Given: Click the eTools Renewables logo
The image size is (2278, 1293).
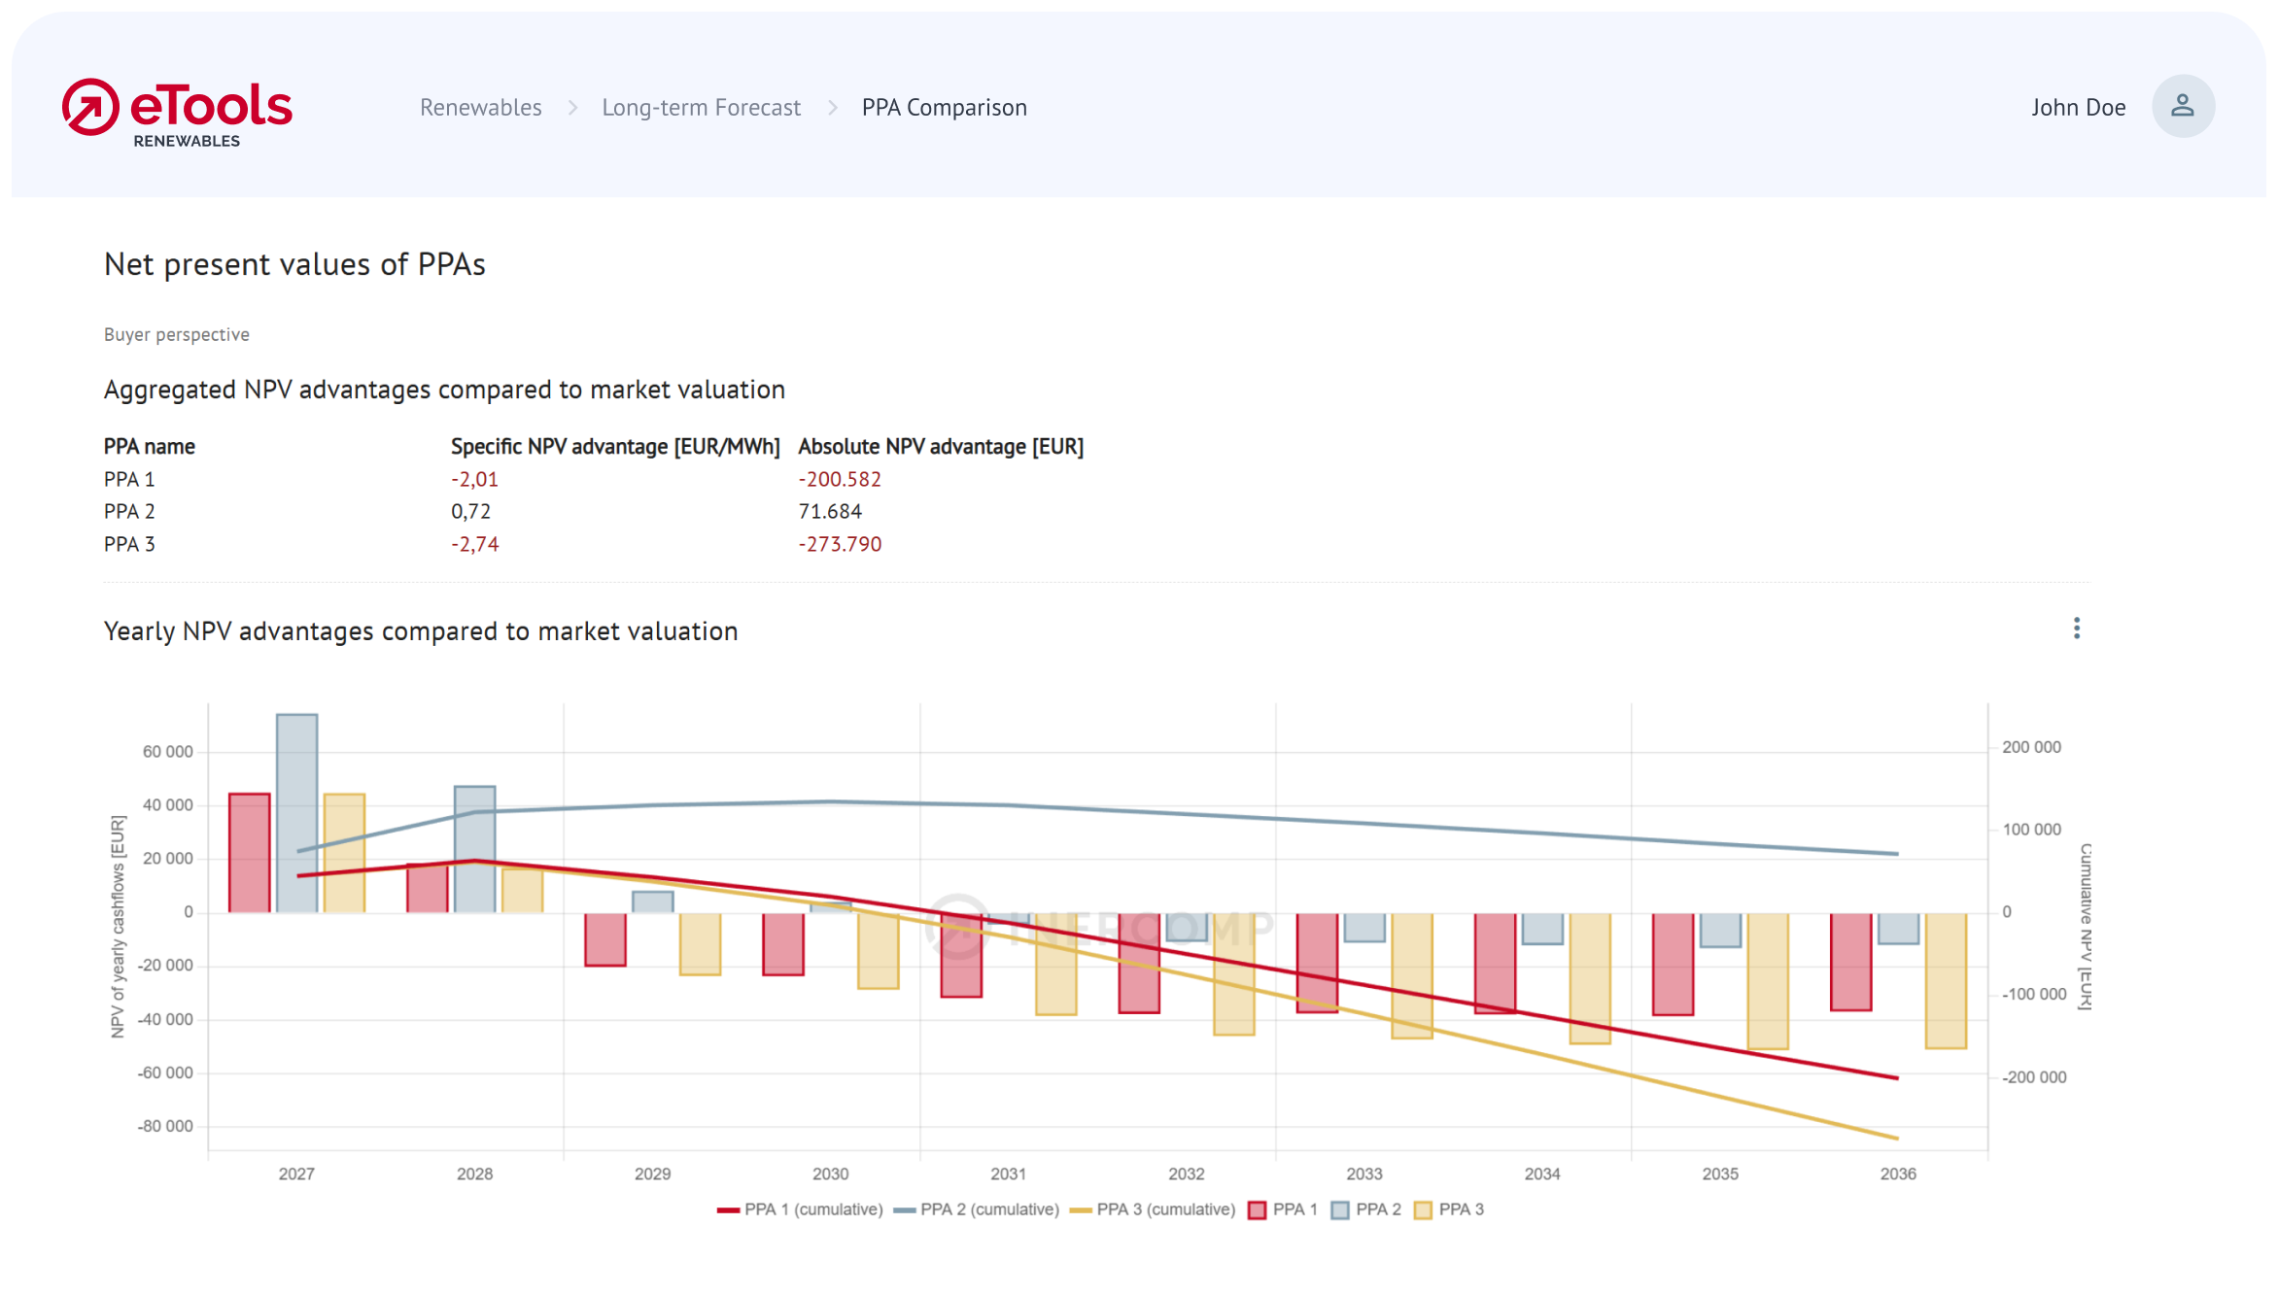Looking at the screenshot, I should click(177, 112).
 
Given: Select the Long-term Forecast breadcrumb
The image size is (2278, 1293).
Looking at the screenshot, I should click(701, 107).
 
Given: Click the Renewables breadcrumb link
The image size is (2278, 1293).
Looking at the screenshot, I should click(480, 107).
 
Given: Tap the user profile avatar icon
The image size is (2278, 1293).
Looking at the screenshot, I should click(2182, 106).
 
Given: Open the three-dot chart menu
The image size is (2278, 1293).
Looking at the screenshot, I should click(2076, 629).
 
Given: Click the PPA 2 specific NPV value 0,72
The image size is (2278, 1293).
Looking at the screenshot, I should click(470, 512).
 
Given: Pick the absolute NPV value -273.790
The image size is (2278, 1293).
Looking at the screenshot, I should click(840, 544).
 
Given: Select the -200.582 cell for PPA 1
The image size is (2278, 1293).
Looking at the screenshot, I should click(840, 479).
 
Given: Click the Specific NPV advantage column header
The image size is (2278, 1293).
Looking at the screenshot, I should click(615, 447).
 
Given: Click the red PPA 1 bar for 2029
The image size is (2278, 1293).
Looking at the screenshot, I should click(604, 939).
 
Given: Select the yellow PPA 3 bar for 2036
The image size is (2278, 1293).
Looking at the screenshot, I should click(1946, 981).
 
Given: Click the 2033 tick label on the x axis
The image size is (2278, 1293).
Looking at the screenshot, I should click(1363, 1174).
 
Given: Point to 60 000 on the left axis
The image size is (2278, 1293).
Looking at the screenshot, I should click(167, 752).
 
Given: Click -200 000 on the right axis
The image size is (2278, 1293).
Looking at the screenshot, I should click(2033, 1077).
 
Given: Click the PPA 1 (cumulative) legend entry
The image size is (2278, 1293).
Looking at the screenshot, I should click(800, 1209).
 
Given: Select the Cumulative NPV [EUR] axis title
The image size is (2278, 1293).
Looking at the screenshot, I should click(2085, 927).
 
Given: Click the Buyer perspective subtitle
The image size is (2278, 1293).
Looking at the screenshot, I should click(177, 334).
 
